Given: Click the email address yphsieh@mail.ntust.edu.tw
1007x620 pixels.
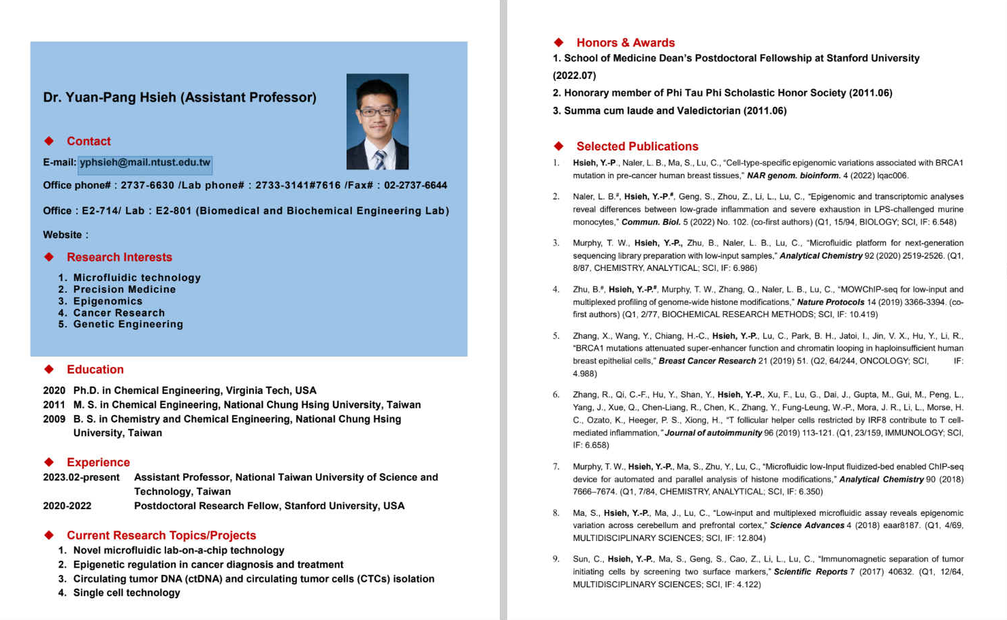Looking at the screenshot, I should click(x=145, y=163).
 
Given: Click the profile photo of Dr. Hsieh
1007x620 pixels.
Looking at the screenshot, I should click(x=377, y=121).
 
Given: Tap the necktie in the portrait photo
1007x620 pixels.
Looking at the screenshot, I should click(x=379, y=159).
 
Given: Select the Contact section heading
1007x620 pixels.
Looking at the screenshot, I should click(x=89, y=142).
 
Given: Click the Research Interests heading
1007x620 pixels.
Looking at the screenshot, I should click(x=119, y=257).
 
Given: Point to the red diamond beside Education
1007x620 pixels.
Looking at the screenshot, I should click(x=49, y=370).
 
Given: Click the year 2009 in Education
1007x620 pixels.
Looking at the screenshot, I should click(x=54, y=419).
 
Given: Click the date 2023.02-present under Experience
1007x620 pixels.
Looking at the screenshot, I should click(x=81, y=478).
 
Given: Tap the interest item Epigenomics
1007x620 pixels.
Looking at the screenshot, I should click(x=108, y=301).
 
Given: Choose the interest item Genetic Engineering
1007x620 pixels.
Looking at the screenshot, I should click(x=128, y=325).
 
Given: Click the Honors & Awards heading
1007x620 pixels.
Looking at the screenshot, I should click(x=625, y=43).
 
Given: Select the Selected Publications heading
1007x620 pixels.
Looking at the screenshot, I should click(x=637, y=146).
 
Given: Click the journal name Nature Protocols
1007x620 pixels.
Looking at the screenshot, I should click(x=830, y=302).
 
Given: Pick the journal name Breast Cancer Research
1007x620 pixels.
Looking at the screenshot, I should click(x=707, y=361).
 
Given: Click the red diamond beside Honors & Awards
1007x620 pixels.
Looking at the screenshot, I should click(x=559, y=43).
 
